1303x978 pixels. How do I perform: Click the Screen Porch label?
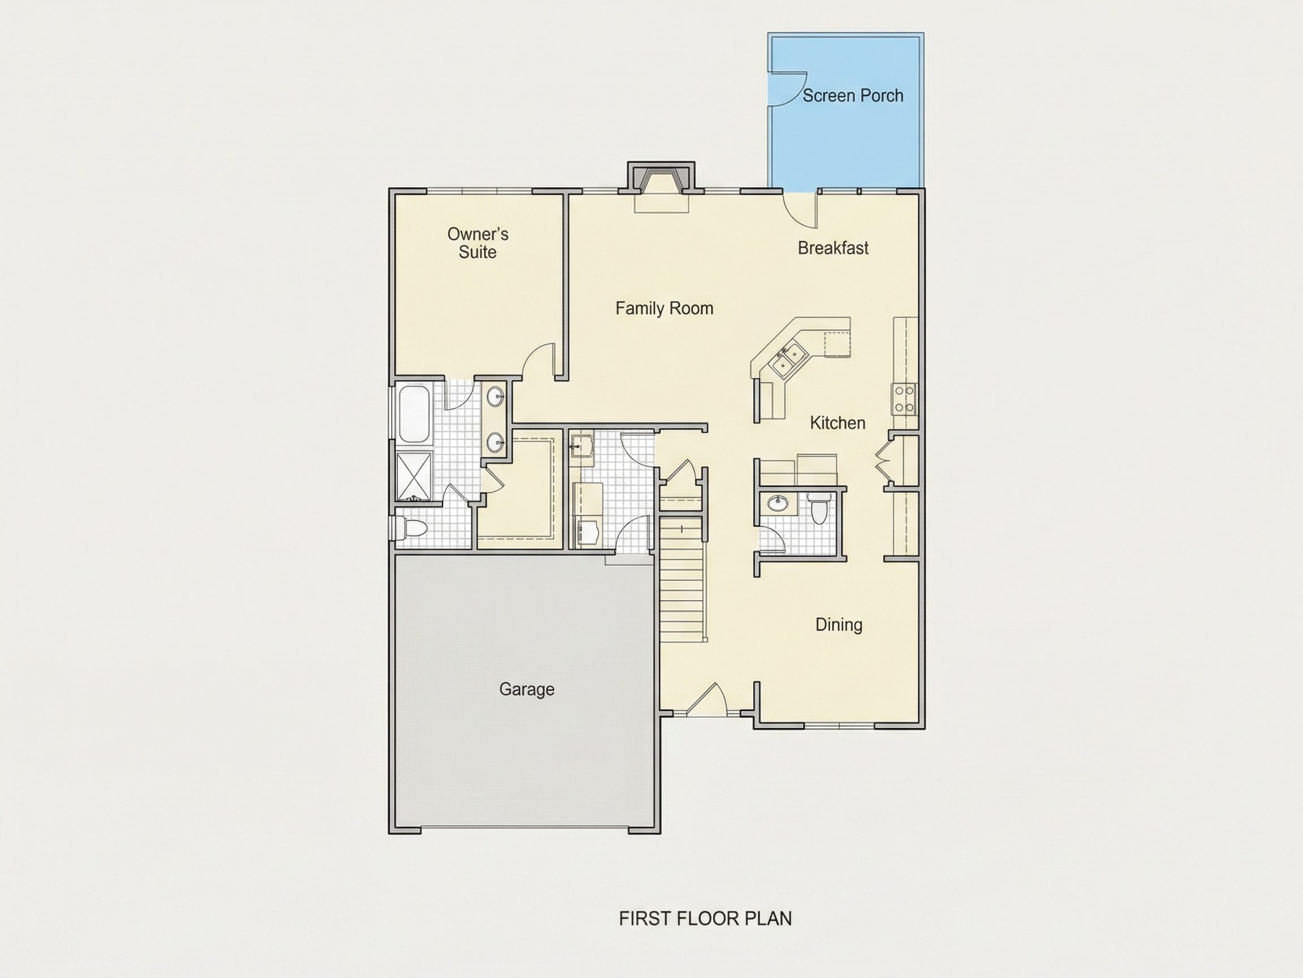tap(852, 96)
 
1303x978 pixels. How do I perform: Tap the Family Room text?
tap(664, 308)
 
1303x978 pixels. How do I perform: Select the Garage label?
tap(527, 689)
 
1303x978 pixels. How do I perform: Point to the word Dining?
tap(839, 625)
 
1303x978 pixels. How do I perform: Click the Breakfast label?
tap(833, 248)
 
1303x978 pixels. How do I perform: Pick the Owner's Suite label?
tap(478, 243)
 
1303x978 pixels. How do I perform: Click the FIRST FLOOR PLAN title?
tap(705, 919)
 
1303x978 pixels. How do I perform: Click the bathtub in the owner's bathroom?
tap(414, 414)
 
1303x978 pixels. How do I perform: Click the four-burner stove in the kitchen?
tap(904, 398)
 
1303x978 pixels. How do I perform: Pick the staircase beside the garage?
tap(682, 580)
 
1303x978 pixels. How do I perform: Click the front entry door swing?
tap(706, 700)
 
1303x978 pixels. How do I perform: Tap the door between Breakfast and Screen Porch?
tap(800, 209)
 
